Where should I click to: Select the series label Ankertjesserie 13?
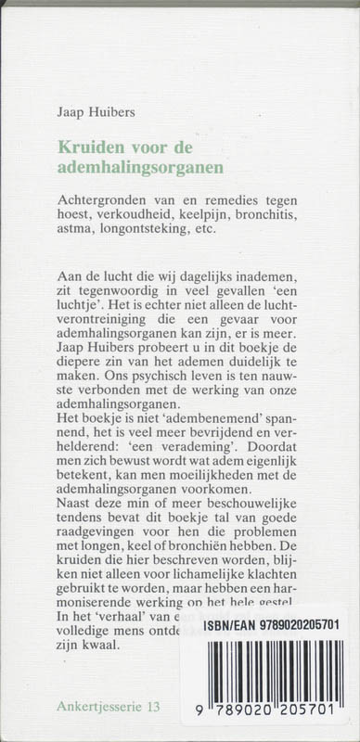point(108,707)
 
